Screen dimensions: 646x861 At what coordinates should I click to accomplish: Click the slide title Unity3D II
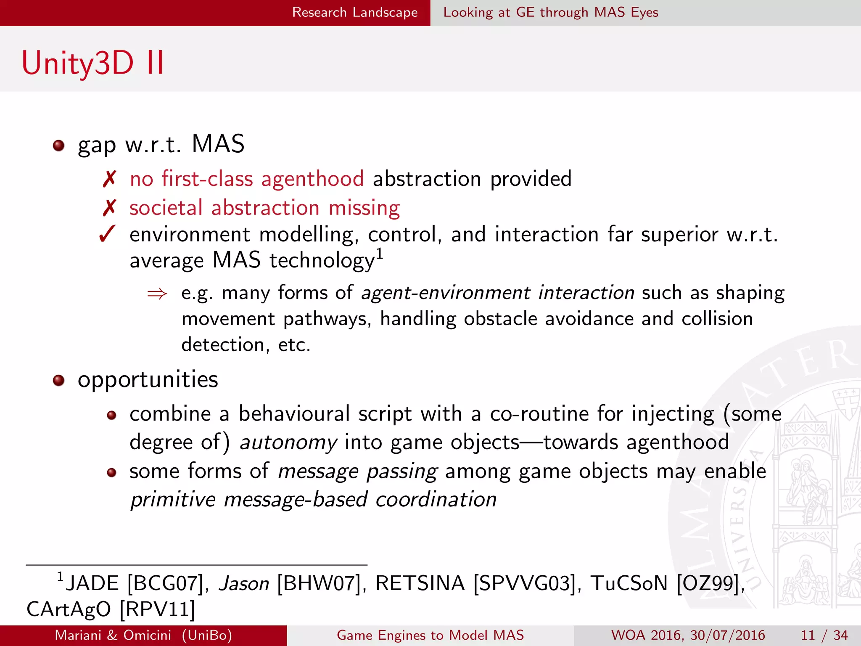tap(92, 63)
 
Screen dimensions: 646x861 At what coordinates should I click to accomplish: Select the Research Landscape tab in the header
tap(354, 13)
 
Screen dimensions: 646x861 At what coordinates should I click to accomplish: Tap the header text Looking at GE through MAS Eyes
tap(550, 13)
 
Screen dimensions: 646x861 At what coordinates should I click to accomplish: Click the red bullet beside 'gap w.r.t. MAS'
tap(58, 146)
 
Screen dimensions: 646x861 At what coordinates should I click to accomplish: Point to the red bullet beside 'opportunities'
tap(58, 381)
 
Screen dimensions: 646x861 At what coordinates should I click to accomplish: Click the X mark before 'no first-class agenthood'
tap(109, 180)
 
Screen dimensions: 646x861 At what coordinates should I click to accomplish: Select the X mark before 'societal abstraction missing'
tap(109, 208)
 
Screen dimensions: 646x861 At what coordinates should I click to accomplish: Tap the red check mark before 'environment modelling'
tap(108, 234)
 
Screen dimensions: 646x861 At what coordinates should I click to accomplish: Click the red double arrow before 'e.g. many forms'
tap(157, 294)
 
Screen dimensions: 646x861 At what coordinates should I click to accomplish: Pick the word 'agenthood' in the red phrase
tap(312, 180)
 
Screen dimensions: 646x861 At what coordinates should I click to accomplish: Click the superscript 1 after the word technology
tap(379, 254)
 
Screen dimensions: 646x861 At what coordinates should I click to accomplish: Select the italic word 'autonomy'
tap(288, 443)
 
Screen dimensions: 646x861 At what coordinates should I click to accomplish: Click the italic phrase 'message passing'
tap(358, 471)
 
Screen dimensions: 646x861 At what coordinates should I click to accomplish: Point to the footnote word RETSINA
tap(420, 584)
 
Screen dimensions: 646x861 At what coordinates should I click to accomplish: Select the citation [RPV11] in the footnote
tap(158, 609)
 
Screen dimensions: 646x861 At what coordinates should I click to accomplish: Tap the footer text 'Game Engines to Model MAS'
tap(430, 635)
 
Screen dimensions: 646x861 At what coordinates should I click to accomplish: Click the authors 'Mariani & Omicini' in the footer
tap(113, 635)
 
